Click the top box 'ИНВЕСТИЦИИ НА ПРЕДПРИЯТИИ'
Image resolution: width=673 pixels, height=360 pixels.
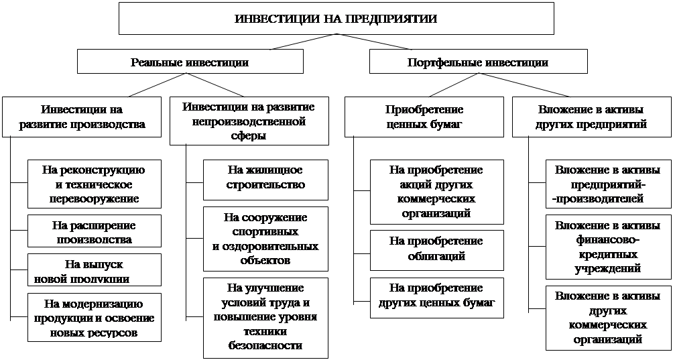click(x=336, y=18)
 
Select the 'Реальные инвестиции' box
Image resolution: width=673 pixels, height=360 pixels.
click(x=190, y=62)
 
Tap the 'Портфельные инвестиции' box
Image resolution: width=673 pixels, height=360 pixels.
click(x=478, y=62)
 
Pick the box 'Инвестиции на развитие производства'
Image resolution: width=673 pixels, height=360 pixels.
click(x=82, y=117)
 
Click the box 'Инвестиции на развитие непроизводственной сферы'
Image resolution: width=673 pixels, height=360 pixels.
click(x=249, y=121)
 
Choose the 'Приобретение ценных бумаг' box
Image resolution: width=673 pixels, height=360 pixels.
click(x=425, y=117)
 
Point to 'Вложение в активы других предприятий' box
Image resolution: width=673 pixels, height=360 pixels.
click(x=591, y=117)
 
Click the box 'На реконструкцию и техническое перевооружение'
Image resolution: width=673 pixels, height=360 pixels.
click(x=95, y=183)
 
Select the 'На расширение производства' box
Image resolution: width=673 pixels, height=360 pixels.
click(x=95, y=232)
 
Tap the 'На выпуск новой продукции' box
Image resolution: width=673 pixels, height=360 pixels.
click(x=95, y=269)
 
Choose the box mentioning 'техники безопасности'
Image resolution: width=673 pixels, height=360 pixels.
click(x=265, y=317)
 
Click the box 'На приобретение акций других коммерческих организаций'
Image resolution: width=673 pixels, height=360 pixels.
click(x=436, y=191)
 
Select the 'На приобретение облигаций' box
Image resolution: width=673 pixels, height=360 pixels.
click(x=436, y=248)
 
